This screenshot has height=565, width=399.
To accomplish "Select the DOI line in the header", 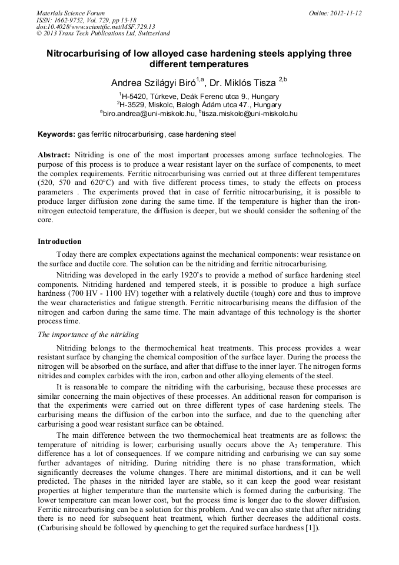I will (96, 27).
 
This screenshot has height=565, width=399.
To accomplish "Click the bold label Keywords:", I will (56, 134).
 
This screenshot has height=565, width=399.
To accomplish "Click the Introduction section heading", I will (59, 242).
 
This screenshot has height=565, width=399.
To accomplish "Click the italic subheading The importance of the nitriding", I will (88, 334).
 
